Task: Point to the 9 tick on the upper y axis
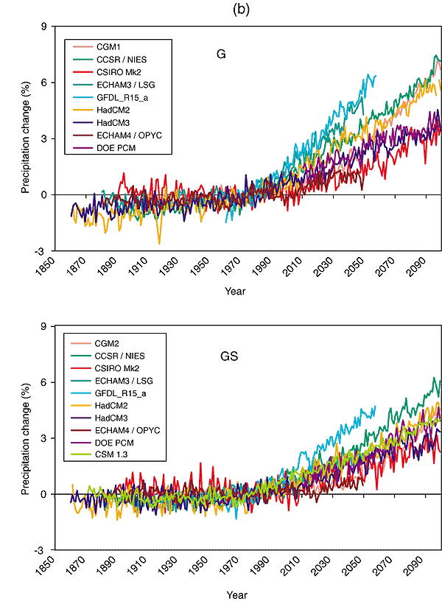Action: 43,27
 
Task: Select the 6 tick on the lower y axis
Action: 43,382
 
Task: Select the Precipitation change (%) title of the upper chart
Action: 24,138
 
